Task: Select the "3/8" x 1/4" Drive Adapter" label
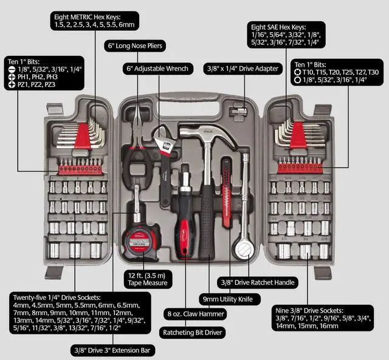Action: tap(244, 68)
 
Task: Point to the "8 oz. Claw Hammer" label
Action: tap(194, 314)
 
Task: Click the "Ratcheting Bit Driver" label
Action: tap(191, 332)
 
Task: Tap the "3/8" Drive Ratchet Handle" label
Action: tap(258, 282)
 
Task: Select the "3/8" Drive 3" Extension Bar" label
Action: tap(114, 350)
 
